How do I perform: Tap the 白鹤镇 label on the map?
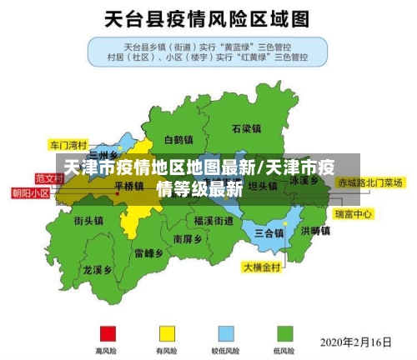[178, 139]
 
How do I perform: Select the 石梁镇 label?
[247, 129]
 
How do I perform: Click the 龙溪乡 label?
[98, 270]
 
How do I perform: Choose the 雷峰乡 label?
[148, 252]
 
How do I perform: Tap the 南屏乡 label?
[188, 238]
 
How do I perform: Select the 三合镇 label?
[269, 232]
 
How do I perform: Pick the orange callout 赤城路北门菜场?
[370, 182]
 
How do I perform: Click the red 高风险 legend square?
[106, 332]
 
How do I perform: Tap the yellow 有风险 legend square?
[167, 332]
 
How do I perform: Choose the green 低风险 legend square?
[285, 332]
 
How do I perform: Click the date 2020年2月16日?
[357, 342]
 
